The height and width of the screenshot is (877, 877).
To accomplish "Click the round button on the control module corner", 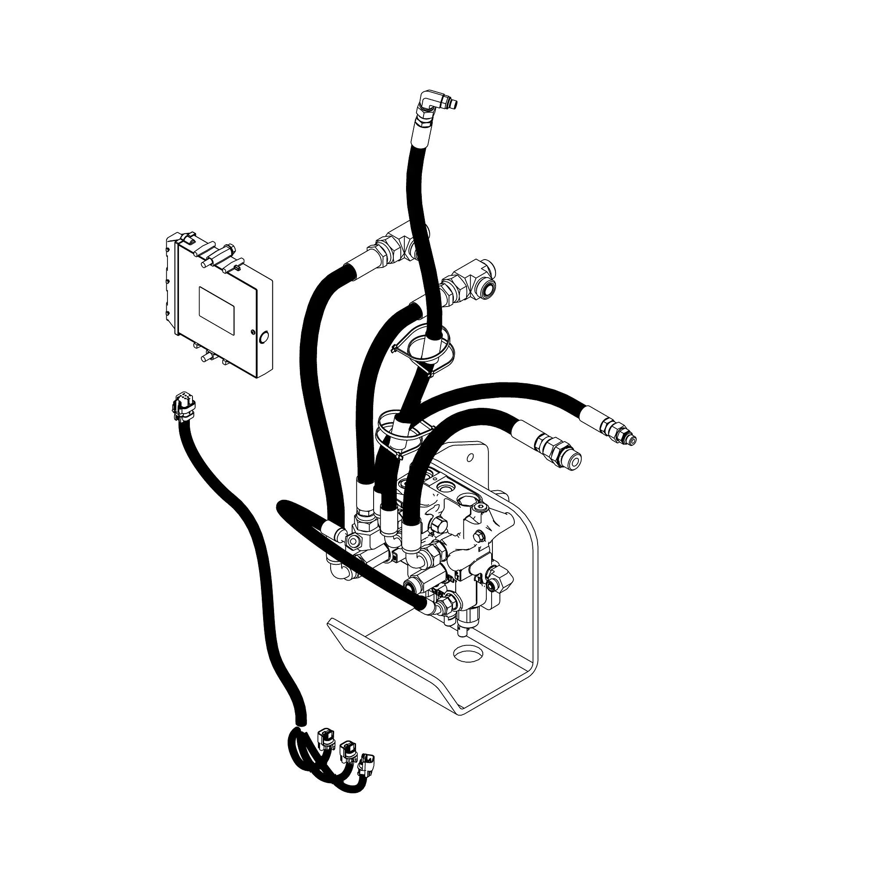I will tap(263, 337).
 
